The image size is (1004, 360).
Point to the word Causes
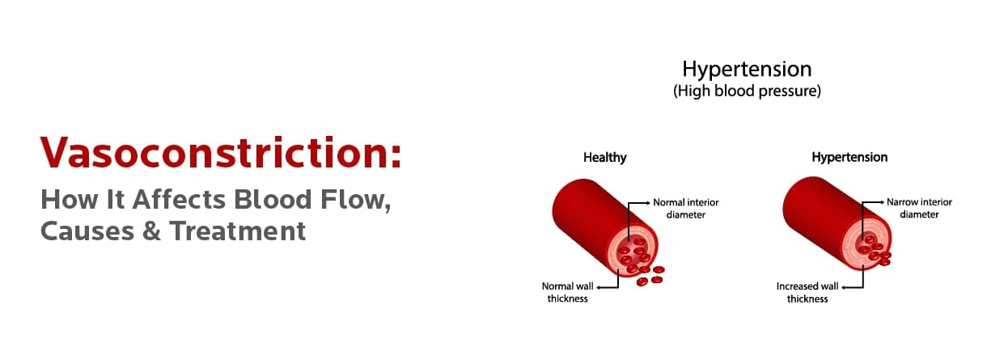[x=84, y=231]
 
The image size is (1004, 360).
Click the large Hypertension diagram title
[x=746, y=68]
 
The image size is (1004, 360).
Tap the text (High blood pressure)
[x=747, y=91]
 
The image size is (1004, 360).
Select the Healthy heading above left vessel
[x=604, y=158]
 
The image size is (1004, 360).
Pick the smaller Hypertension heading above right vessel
[x=849, y=158]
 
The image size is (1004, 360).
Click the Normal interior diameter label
[x=686, y=208]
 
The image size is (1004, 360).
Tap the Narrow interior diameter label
[x=919, y=208]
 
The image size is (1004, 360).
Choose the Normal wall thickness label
[x=566, y=292]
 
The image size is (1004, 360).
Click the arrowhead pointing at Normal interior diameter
[x=648, y=202]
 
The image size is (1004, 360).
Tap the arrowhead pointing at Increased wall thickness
[x=842, y=286]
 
